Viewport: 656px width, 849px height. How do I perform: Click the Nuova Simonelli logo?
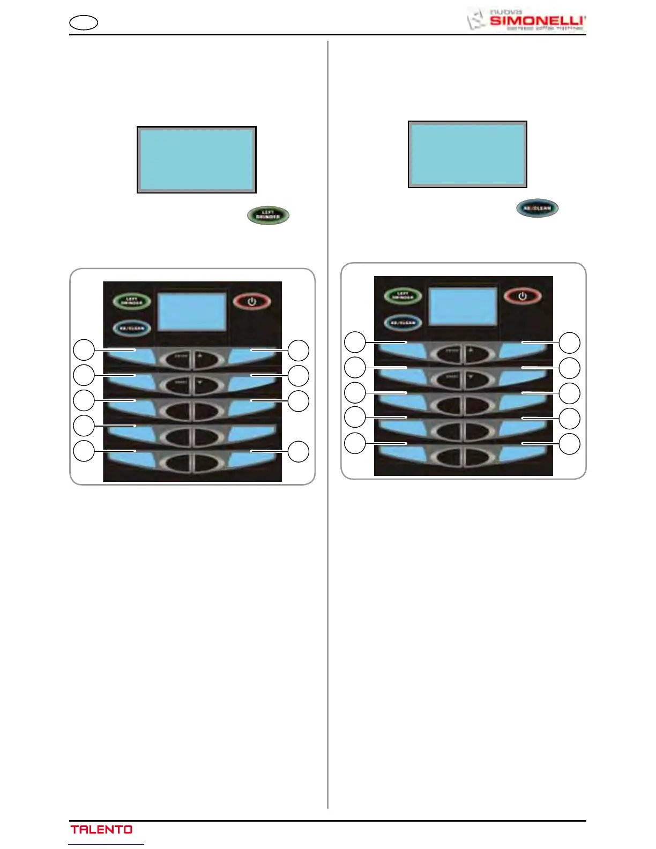(x=526, y=19)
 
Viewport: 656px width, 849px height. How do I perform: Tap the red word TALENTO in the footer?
(x=101, y=829)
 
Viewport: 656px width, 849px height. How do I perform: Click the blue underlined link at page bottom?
(x=106, y=844)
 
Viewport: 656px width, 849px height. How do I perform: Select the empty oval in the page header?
(x=84, y=23)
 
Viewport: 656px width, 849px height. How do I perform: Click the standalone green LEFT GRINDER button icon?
(x=268, y=215)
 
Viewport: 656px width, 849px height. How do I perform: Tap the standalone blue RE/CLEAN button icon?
(x=537, y=208)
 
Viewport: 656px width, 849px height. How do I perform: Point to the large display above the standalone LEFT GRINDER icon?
(x=197, y=160)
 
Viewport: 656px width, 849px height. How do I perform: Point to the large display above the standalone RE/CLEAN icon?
(x=467, y=154)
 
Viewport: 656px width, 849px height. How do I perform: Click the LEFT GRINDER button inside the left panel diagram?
(x=131, y=301)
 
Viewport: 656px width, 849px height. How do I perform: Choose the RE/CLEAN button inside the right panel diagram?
(x=402, y=323)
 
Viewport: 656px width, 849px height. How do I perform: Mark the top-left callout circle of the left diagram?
(x=84, y=350)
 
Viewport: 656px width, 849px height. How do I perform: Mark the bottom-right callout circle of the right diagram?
(x=570, y=444)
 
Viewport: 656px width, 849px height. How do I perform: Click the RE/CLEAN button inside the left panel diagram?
(x=131, y=328)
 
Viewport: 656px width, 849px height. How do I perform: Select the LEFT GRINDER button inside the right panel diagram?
(x=402, y=296)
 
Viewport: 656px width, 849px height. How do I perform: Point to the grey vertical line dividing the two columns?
(x=327, y=429)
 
